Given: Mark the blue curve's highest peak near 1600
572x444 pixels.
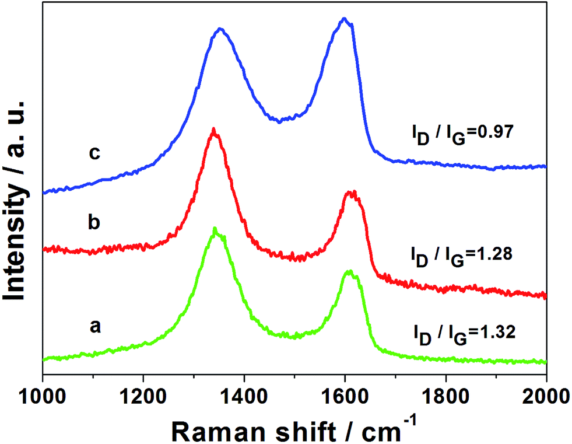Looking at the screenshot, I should [x=344, y=19].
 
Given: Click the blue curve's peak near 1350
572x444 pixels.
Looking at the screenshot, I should [x=220, y=29].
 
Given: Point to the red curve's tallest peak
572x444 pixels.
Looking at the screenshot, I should [x=214, y=129].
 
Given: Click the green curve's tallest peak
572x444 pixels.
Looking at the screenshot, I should [x=215, y=228].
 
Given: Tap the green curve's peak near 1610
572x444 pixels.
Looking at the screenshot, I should [x=350, y=271].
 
